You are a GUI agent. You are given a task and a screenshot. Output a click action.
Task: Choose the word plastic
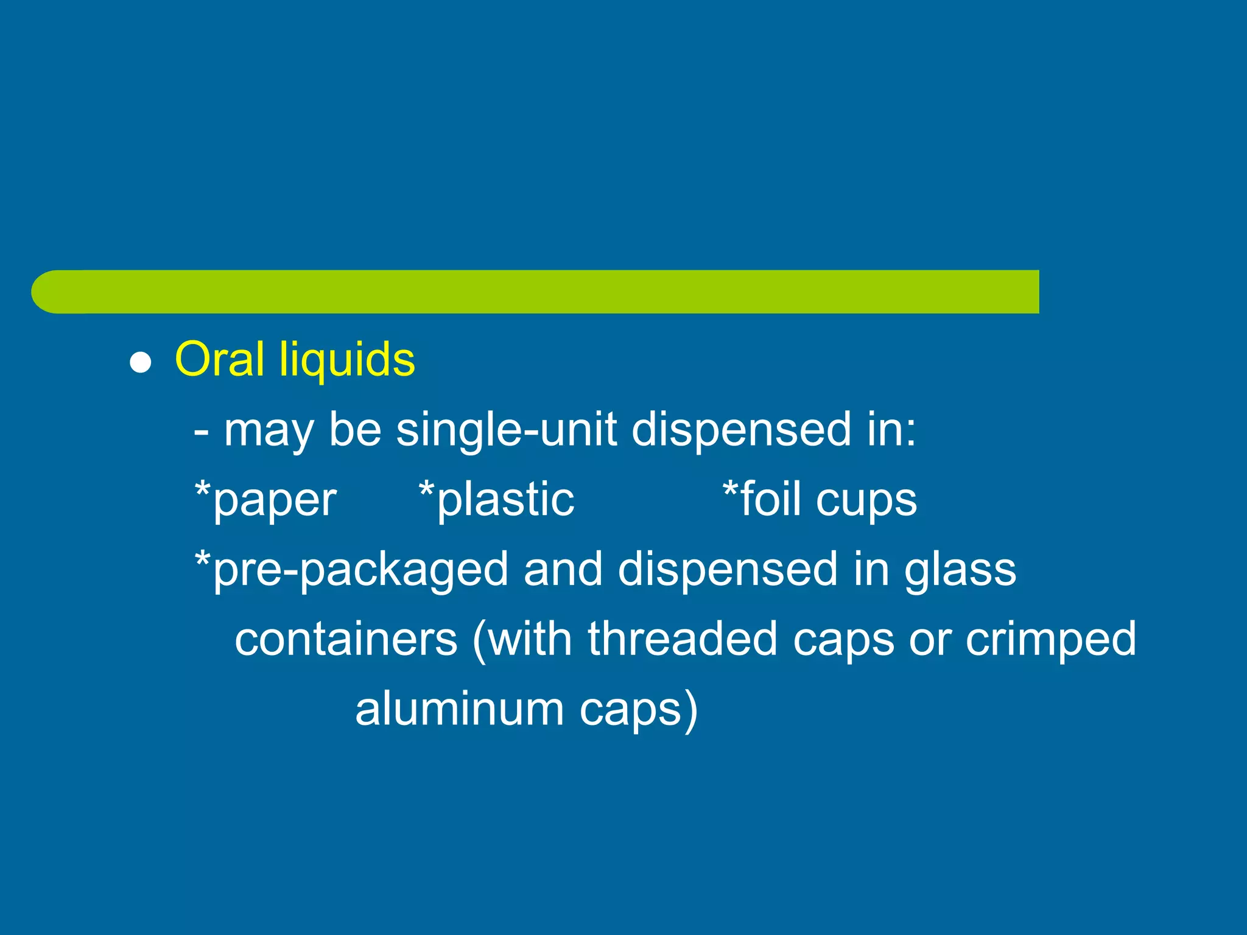pyautogui.click(x=505, y=500)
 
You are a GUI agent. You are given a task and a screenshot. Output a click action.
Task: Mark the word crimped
pyautogui.click(x=1050, y=640)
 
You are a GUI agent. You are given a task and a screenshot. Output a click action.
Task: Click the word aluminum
pyautogui.click(x=459, y=709)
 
